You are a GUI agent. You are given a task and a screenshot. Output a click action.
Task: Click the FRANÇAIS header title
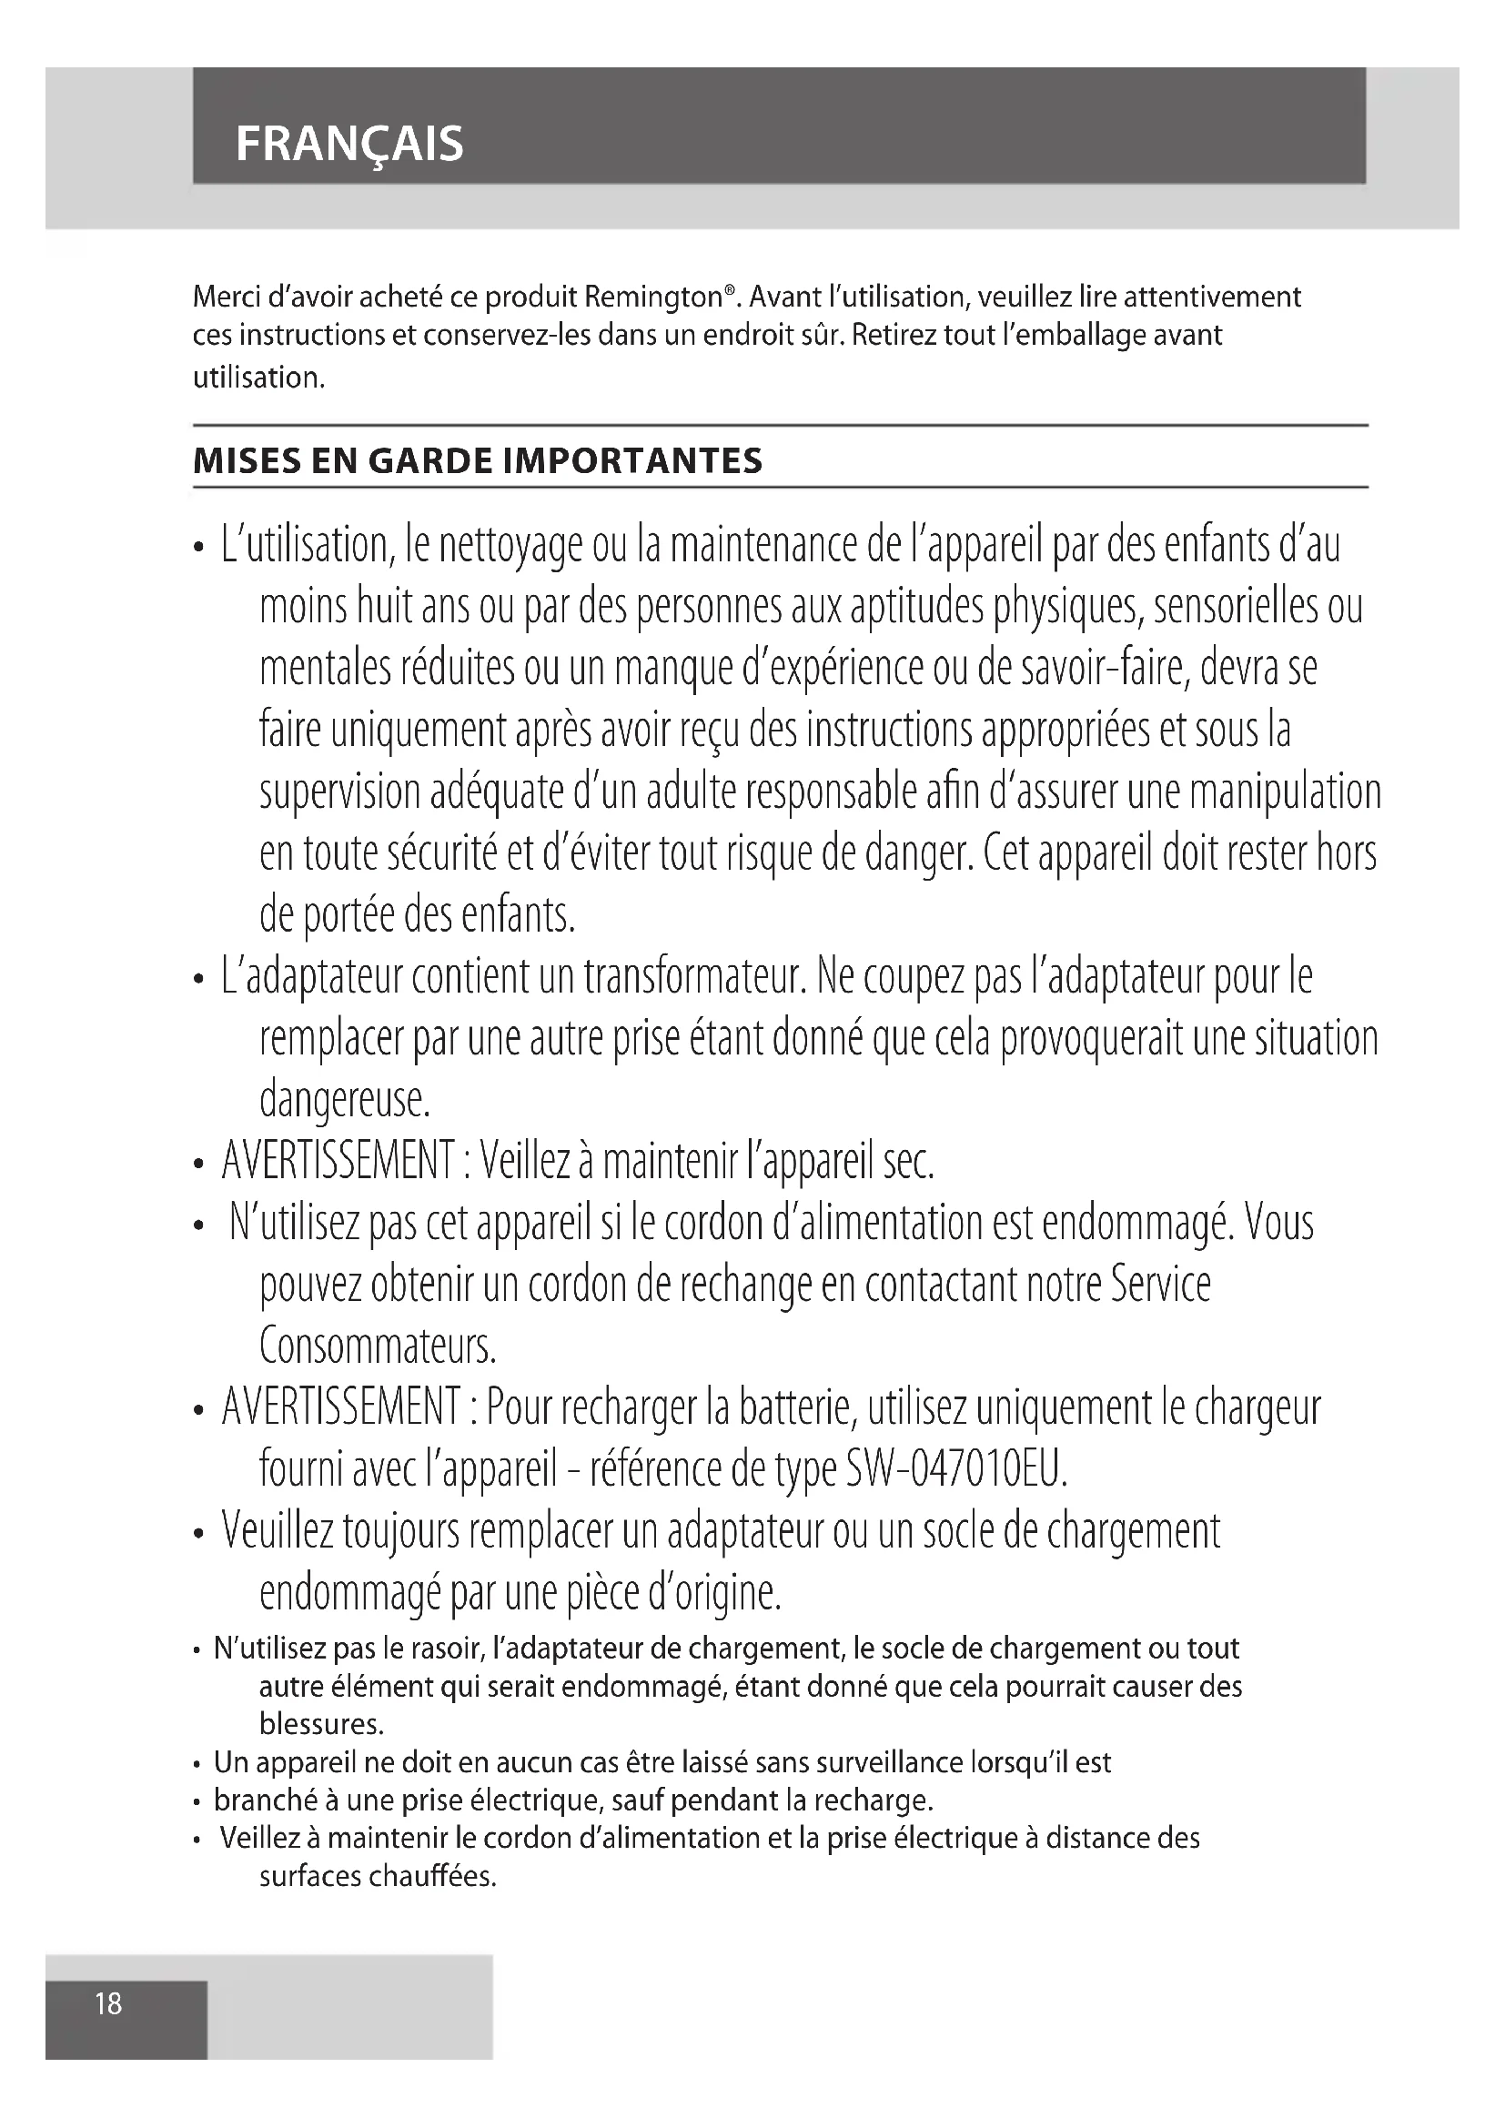pos(349,145)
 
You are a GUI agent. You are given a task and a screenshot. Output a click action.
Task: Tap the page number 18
pos(108,2003)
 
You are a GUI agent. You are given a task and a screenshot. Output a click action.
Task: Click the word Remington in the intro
pos(653,298)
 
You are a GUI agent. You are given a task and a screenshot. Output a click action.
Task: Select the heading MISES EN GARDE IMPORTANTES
pos(478,460)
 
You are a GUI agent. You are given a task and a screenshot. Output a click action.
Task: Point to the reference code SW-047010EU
pos(956,1469)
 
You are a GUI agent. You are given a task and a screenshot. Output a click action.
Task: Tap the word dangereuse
pos(345,1100)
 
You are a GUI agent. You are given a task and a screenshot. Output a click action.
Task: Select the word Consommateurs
pos(379,1346)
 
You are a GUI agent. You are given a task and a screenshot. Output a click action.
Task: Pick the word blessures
pos(320,1723)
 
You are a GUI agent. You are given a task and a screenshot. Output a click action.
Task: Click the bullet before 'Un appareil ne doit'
pos(197,1764)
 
